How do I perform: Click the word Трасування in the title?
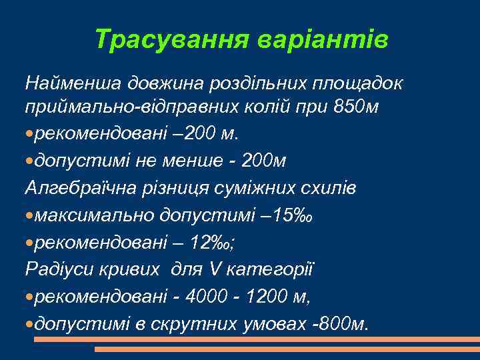(x=172, y=39)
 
